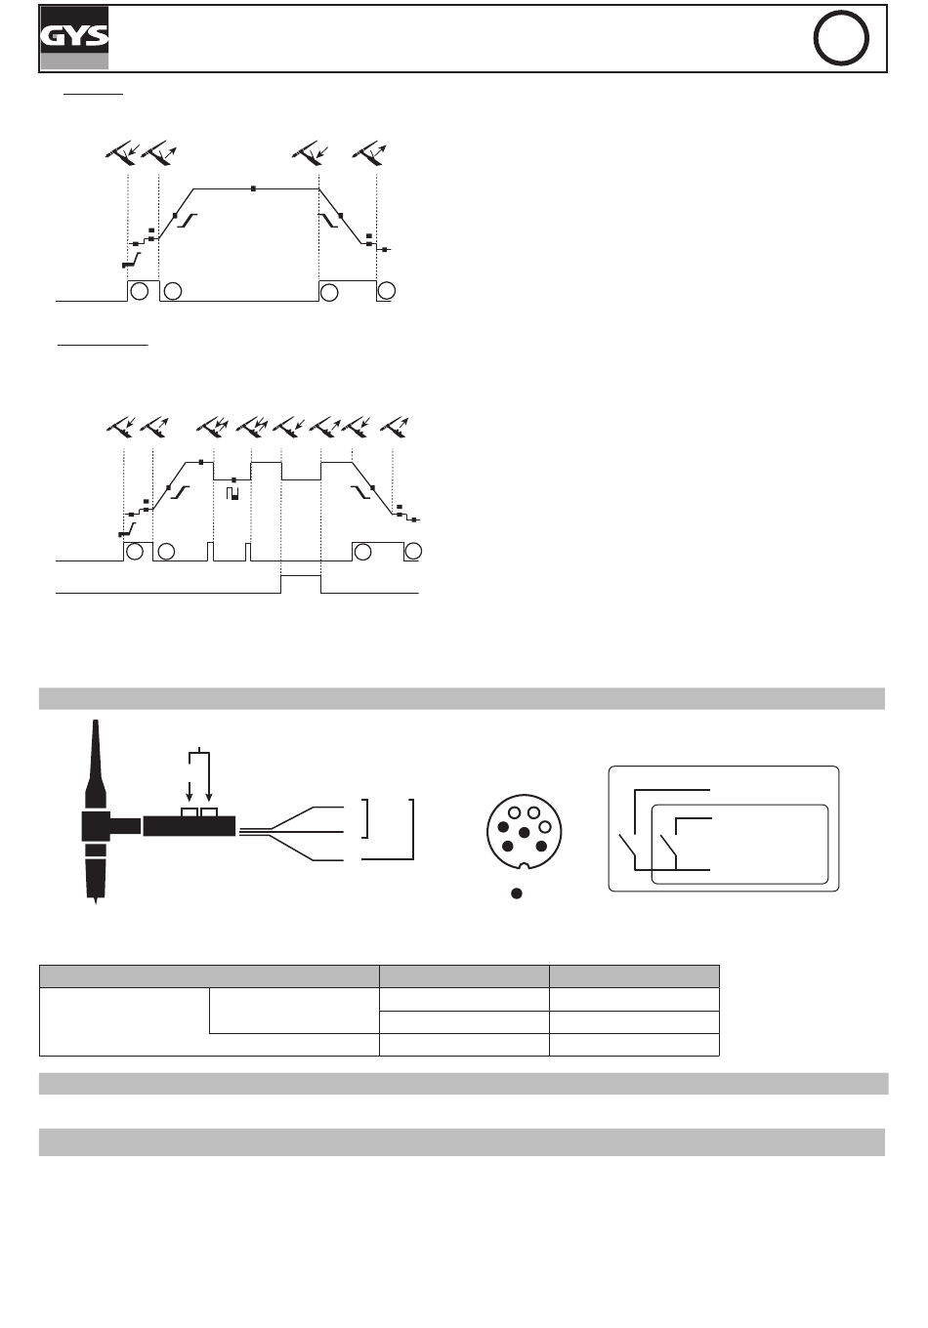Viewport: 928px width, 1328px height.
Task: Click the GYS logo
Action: tap(74, 38)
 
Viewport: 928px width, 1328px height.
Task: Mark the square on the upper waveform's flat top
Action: tap(253, 188)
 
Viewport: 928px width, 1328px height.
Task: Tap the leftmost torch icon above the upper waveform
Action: tap(123, 153)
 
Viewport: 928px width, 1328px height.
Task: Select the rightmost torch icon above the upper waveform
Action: tap(369, 153)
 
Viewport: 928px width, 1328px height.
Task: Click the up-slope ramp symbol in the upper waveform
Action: tap(188, 220)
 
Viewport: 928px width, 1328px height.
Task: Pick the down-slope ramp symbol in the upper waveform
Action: tap(328, 220)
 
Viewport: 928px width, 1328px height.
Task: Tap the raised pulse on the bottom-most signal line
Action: tap(301, 576)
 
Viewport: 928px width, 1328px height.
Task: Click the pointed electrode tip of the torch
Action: tap(96, 901)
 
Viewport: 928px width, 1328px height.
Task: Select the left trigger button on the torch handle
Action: tap(190, 811)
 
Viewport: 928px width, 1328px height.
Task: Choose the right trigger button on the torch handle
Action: tap(209, 811)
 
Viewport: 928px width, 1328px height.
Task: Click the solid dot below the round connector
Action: tap(517, 893)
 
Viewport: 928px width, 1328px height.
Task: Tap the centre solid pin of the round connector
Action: tap(525, 833)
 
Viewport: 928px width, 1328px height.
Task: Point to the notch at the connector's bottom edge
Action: tap(524, 867)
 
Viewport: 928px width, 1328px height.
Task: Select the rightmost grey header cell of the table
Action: tap(634, 976)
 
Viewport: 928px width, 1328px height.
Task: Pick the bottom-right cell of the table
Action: tap(634, 1045)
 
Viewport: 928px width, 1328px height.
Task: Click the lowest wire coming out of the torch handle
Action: tap(292, 848)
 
